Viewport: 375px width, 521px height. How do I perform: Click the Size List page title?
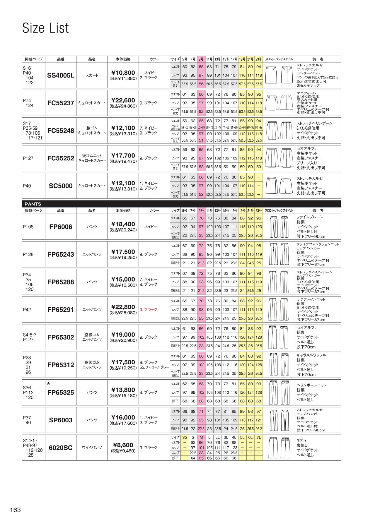click(x=45, y=28)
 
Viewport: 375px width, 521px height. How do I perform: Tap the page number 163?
click(x=16, y=510)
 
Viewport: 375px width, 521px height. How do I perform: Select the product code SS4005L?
click(x=61, y=76)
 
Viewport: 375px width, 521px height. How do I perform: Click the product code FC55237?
click(x=61, y=103)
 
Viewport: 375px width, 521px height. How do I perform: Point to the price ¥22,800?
click(x=123, y=307)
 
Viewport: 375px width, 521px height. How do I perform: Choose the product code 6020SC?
click(x=61, y=448)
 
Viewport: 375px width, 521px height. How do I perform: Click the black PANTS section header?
click(x=33, y=204)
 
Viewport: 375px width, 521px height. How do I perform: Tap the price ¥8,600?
click(x=123, y=445)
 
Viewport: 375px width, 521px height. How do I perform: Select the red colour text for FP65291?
click(x=148, y=310)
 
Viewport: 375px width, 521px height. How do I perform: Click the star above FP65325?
click(x=49, y=383)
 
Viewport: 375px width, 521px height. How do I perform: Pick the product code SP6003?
click(x=61, y=420)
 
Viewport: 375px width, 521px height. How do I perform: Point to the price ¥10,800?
click(x=123, y=73)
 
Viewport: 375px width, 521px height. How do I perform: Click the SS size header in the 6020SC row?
click(x=185, y=438)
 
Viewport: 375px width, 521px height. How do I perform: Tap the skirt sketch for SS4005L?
click(x=279, y=75)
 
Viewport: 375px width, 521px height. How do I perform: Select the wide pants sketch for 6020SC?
click(x=279, y=448)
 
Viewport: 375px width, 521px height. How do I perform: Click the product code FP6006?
click(x=61, y=227)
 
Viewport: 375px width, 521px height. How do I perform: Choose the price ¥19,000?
click(x=123, y=335)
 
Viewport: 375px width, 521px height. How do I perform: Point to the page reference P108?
click(x=28, y=227)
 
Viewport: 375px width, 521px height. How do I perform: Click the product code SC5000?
click(x=61, y=186)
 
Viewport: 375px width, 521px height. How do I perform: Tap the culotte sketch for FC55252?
click(x=279, y=158)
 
